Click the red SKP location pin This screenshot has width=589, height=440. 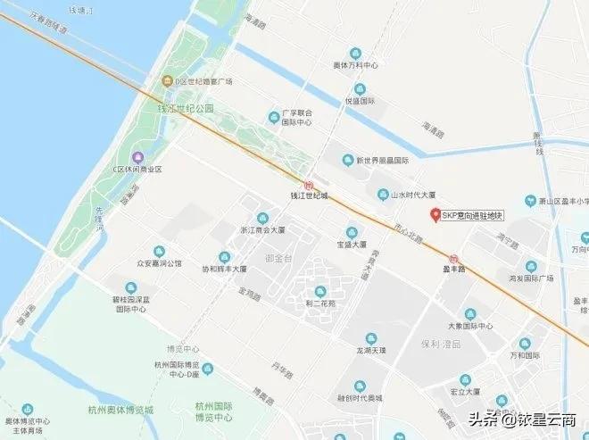click(x=436, y=214)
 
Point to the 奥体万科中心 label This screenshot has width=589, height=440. click(x=356, y=66)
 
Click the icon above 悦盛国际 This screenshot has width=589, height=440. click(x=360, y=88)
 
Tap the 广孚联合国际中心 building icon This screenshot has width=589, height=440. click(x=274, y=116)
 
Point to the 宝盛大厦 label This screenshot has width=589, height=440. click(x=351, y=244)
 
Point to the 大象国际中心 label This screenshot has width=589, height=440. click(x=470, y=326)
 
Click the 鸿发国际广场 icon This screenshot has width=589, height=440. click(x=532, y=266)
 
